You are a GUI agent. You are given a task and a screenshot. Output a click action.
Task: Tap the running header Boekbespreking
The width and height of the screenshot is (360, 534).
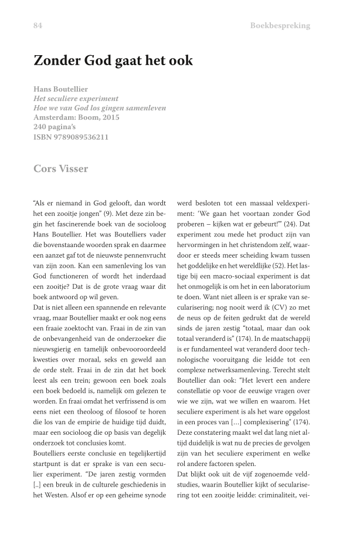(x=280, y=26)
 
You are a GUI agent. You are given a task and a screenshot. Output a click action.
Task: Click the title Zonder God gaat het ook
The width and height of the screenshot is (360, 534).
(x=113, y=60)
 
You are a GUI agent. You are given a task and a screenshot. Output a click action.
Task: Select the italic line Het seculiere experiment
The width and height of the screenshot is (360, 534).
(x=76, y=99)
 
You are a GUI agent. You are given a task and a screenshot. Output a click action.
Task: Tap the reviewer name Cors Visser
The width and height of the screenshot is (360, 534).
(x=61, y=169)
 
